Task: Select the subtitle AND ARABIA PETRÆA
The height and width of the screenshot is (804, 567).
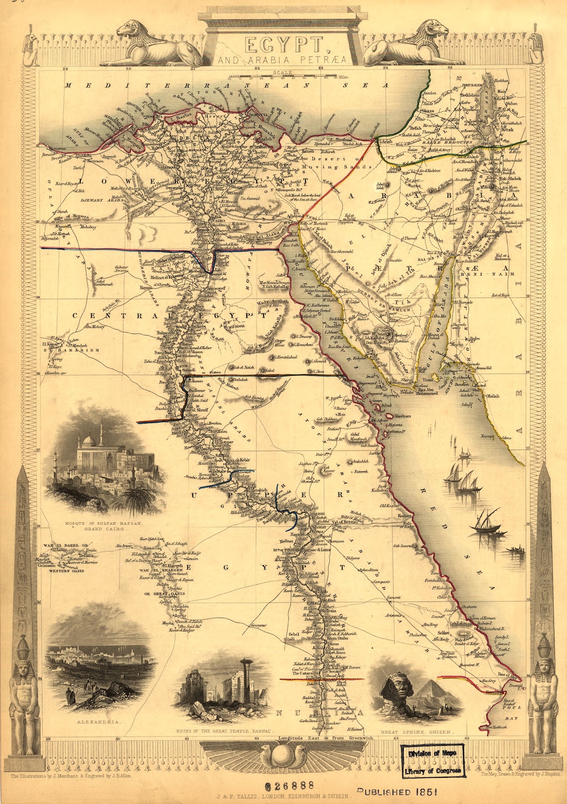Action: tap(282, 60)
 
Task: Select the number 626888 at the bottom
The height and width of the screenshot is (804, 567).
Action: tap(289, 786)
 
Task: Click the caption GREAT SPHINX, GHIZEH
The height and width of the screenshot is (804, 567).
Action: tap(417, 732)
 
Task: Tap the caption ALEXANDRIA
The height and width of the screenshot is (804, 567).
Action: tap(99, 722)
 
